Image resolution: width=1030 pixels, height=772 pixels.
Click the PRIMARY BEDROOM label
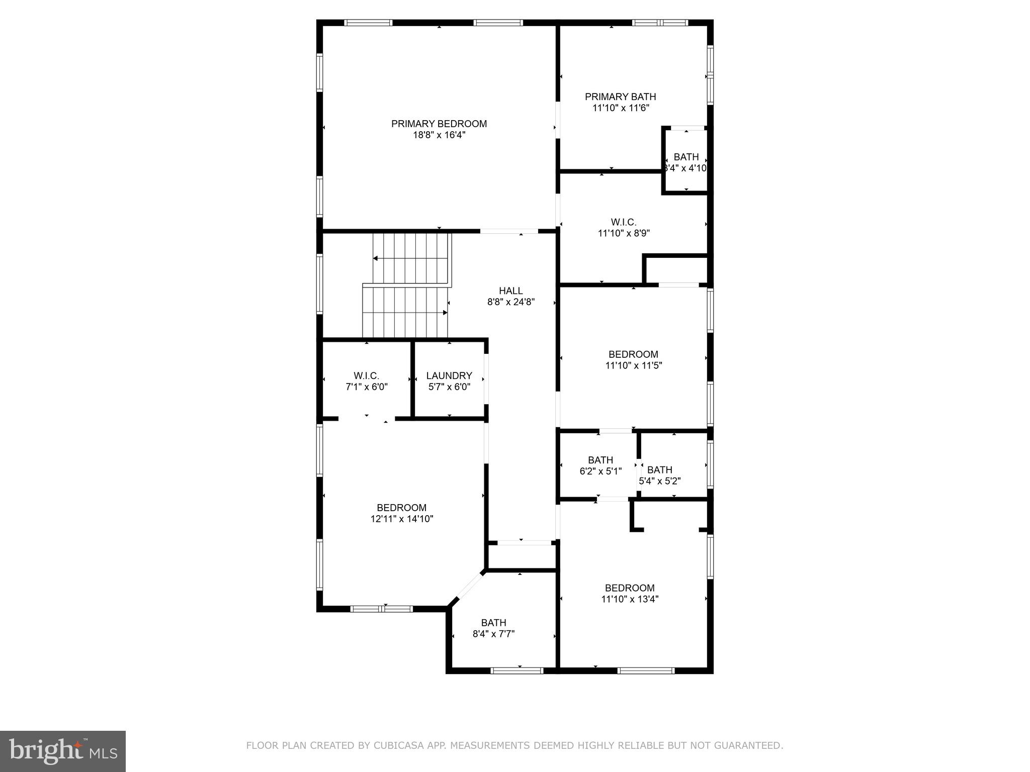439,124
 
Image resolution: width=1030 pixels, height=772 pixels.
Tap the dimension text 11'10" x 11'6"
621,108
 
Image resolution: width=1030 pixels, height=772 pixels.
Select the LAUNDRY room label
449,376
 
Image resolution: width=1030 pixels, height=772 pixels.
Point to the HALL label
510,291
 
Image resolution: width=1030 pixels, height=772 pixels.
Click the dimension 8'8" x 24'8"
510,302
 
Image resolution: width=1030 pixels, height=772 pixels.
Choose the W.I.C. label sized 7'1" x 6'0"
366,376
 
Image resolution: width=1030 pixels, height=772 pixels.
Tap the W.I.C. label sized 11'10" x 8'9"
624,222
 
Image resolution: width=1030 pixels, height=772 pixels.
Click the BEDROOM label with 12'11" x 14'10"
401,508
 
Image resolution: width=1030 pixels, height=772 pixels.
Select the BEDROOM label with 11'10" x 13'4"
630,588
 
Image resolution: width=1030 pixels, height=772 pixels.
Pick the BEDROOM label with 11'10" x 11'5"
633,354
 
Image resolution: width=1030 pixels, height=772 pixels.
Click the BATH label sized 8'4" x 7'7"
493,623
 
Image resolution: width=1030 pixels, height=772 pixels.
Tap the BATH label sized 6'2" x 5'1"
600,460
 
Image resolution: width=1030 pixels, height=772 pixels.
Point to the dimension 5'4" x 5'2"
659,481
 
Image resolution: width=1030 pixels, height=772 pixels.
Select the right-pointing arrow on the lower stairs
445,313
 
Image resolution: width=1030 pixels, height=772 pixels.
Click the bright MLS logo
63,751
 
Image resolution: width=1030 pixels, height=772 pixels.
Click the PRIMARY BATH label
620,96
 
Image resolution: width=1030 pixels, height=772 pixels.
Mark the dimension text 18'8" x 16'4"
439,135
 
